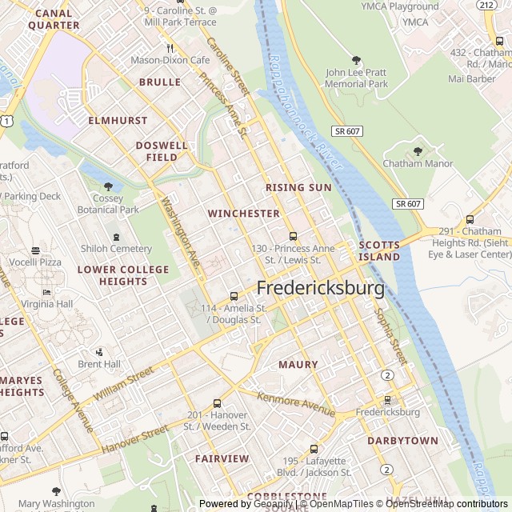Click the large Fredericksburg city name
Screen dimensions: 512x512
pos(320,288)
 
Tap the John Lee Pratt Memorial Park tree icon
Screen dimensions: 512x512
pos(356,60)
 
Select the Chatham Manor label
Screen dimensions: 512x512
pos(418,164)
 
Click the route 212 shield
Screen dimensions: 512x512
pos(485,5)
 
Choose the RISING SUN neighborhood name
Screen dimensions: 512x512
pos(298,187)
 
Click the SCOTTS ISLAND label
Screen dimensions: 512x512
pos(379,251)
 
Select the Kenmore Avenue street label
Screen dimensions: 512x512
pos(296,404)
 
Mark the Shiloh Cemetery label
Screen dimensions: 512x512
pos(116,249)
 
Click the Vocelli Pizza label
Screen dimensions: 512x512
pos(35,262)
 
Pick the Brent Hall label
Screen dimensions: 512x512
pos(99,364)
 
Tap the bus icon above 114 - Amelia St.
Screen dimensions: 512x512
pos(234,296)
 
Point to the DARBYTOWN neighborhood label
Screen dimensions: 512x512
pos(402,441)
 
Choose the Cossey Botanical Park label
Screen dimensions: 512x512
pos(108,204)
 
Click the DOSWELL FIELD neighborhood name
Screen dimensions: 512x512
pos(162,151)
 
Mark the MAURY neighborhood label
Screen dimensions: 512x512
pos(298,365)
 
